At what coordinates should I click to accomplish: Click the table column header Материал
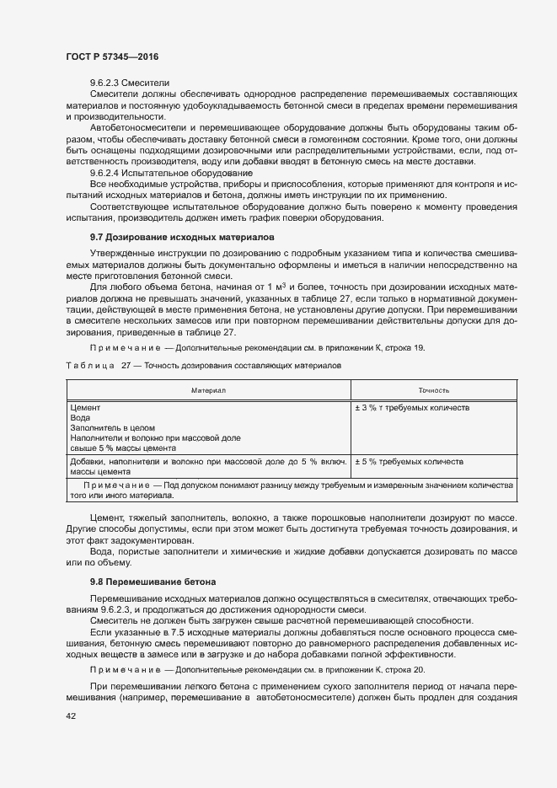pyautogui.click(x=208, y=390)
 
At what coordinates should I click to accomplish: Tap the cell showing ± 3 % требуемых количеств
pyautogui.click(x=412, y=408)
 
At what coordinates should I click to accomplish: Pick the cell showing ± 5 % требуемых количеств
pyautogui.click(x=410, y=462)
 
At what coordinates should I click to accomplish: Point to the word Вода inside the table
pyautogui.click(x=80, y=418)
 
